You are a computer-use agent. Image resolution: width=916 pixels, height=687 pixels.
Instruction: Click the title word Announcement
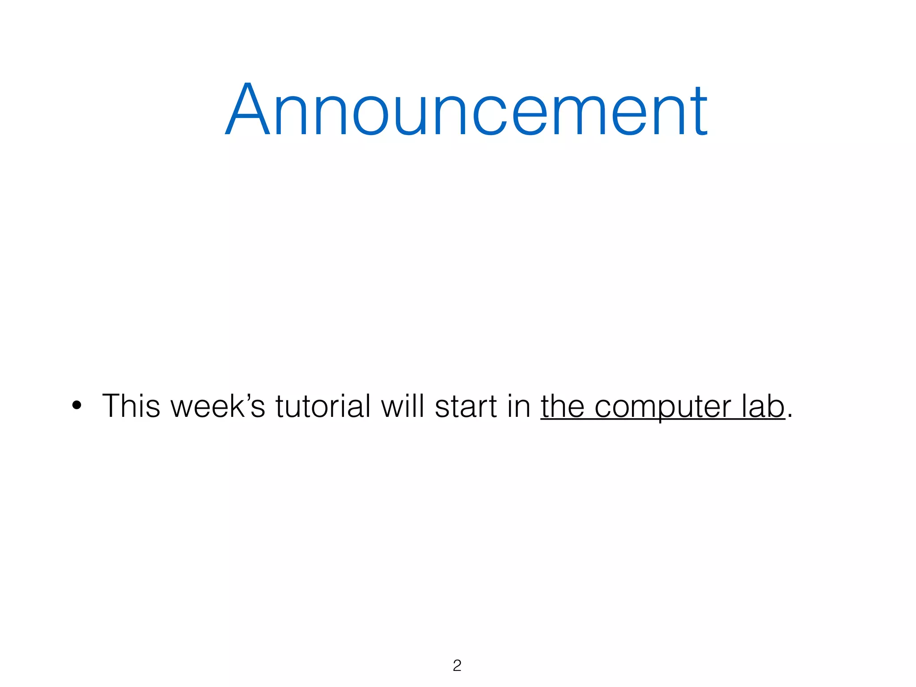(x=466, y=109)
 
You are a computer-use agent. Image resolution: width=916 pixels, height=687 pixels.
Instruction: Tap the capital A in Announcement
(x=248, y=109)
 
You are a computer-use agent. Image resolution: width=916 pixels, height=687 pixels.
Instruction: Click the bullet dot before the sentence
(x=77, y=406)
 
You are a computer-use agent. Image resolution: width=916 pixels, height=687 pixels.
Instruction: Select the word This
(x=131, y=406)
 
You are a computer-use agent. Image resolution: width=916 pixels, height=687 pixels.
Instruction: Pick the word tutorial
(x=322, y=406)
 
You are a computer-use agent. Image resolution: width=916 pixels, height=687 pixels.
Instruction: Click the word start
(x=466, y=406)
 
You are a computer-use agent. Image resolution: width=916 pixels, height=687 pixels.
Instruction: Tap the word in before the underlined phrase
(x=518, y=406)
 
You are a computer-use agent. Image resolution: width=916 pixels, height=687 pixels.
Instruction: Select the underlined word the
(x=562, y=406)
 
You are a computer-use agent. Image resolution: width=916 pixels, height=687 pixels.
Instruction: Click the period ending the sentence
(x=790, y=416)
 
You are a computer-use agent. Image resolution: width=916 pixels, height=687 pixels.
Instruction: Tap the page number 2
(x=457, y=666)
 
